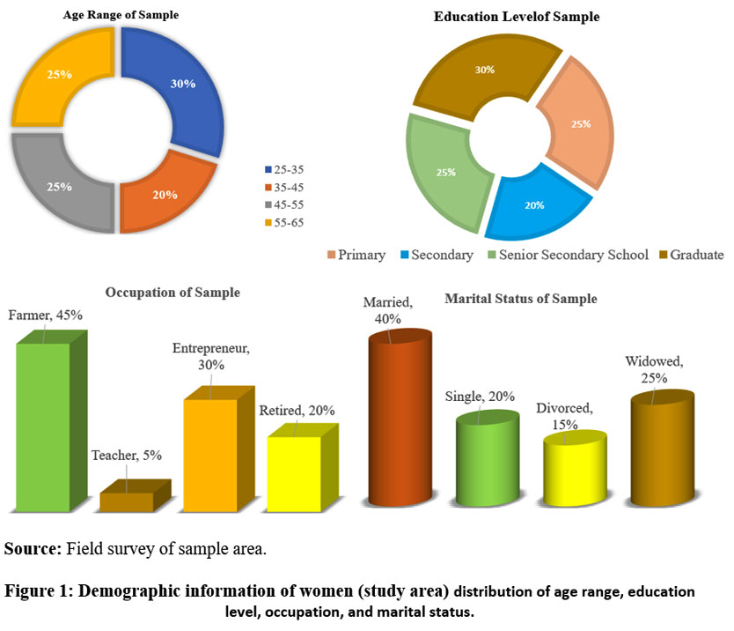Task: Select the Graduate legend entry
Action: [691, 255]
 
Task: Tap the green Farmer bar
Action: [44, 423]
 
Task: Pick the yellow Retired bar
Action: [294, 471]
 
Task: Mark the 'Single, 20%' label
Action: [480, 397]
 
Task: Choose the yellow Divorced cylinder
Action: [569, 471]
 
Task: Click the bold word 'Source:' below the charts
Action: [33, 549]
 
